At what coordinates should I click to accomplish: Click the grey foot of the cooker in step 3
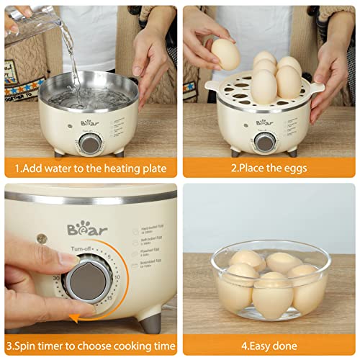[152, 323]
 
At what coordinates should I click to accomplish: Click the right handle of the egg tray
[315, 86]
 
